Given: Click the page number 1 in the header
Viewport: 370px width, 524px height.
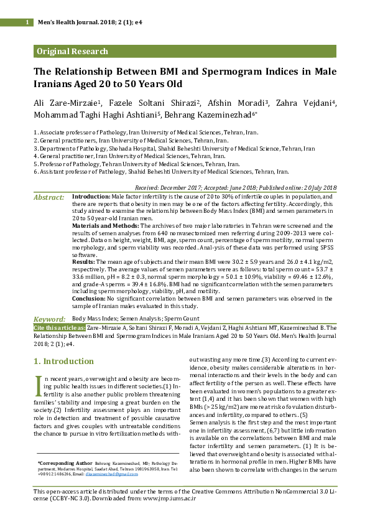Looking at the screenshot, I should click(27, 22).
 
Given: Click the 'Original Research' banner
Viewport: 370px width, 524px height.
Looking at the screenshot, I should click(73, 52).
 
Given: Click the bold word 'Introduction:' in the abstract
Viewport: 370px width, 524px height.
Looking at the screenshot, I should click(91, 196).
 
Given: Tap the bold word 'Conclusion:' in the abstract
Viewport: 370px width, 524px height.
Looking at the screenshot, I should click(90, 298).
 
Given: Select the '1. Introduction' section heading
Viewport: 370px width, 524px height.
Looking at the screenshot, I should click(63, 362).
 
